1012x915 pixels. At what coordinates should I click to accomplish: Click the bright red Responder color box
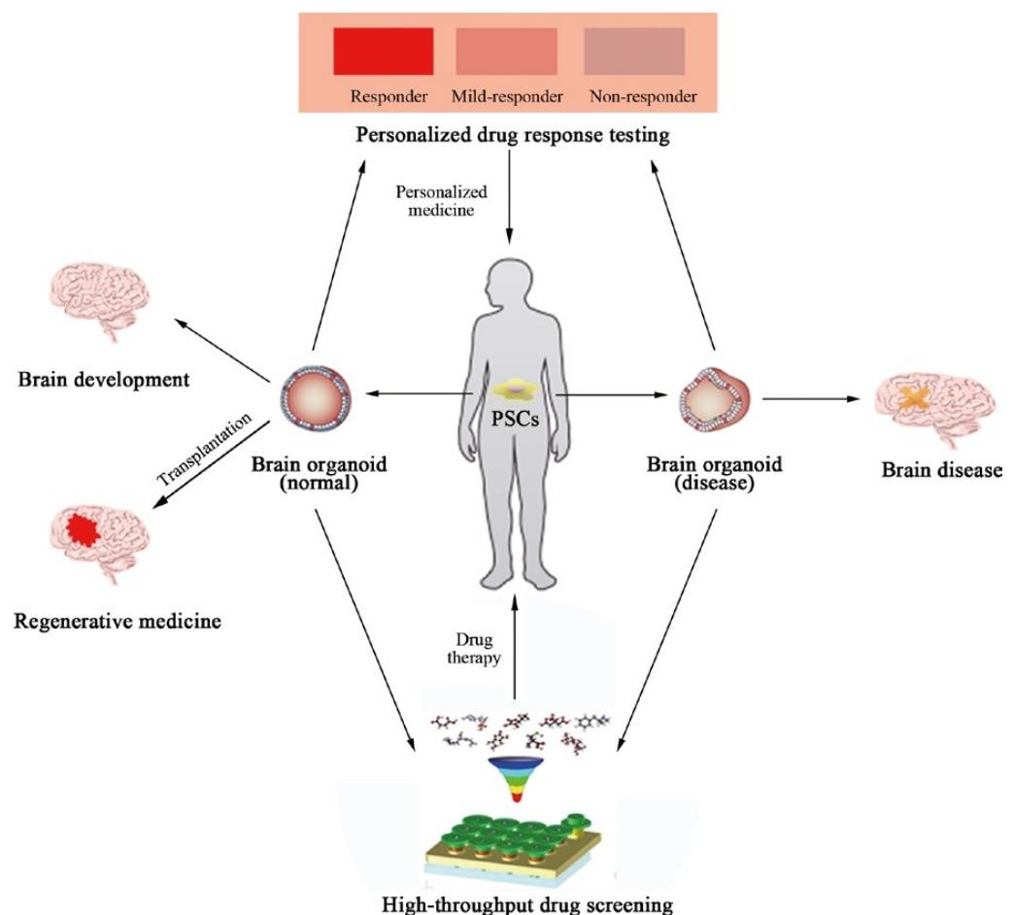(x=383, y=51)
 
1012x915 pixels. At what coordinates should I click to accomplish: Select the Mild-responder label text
(x=506, y=97)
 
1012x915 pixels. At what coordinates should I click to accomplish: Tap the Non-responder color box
(x=633, y=51)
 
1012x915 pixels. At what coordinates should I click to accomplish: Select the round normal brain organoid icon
(x=312, y=396)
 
